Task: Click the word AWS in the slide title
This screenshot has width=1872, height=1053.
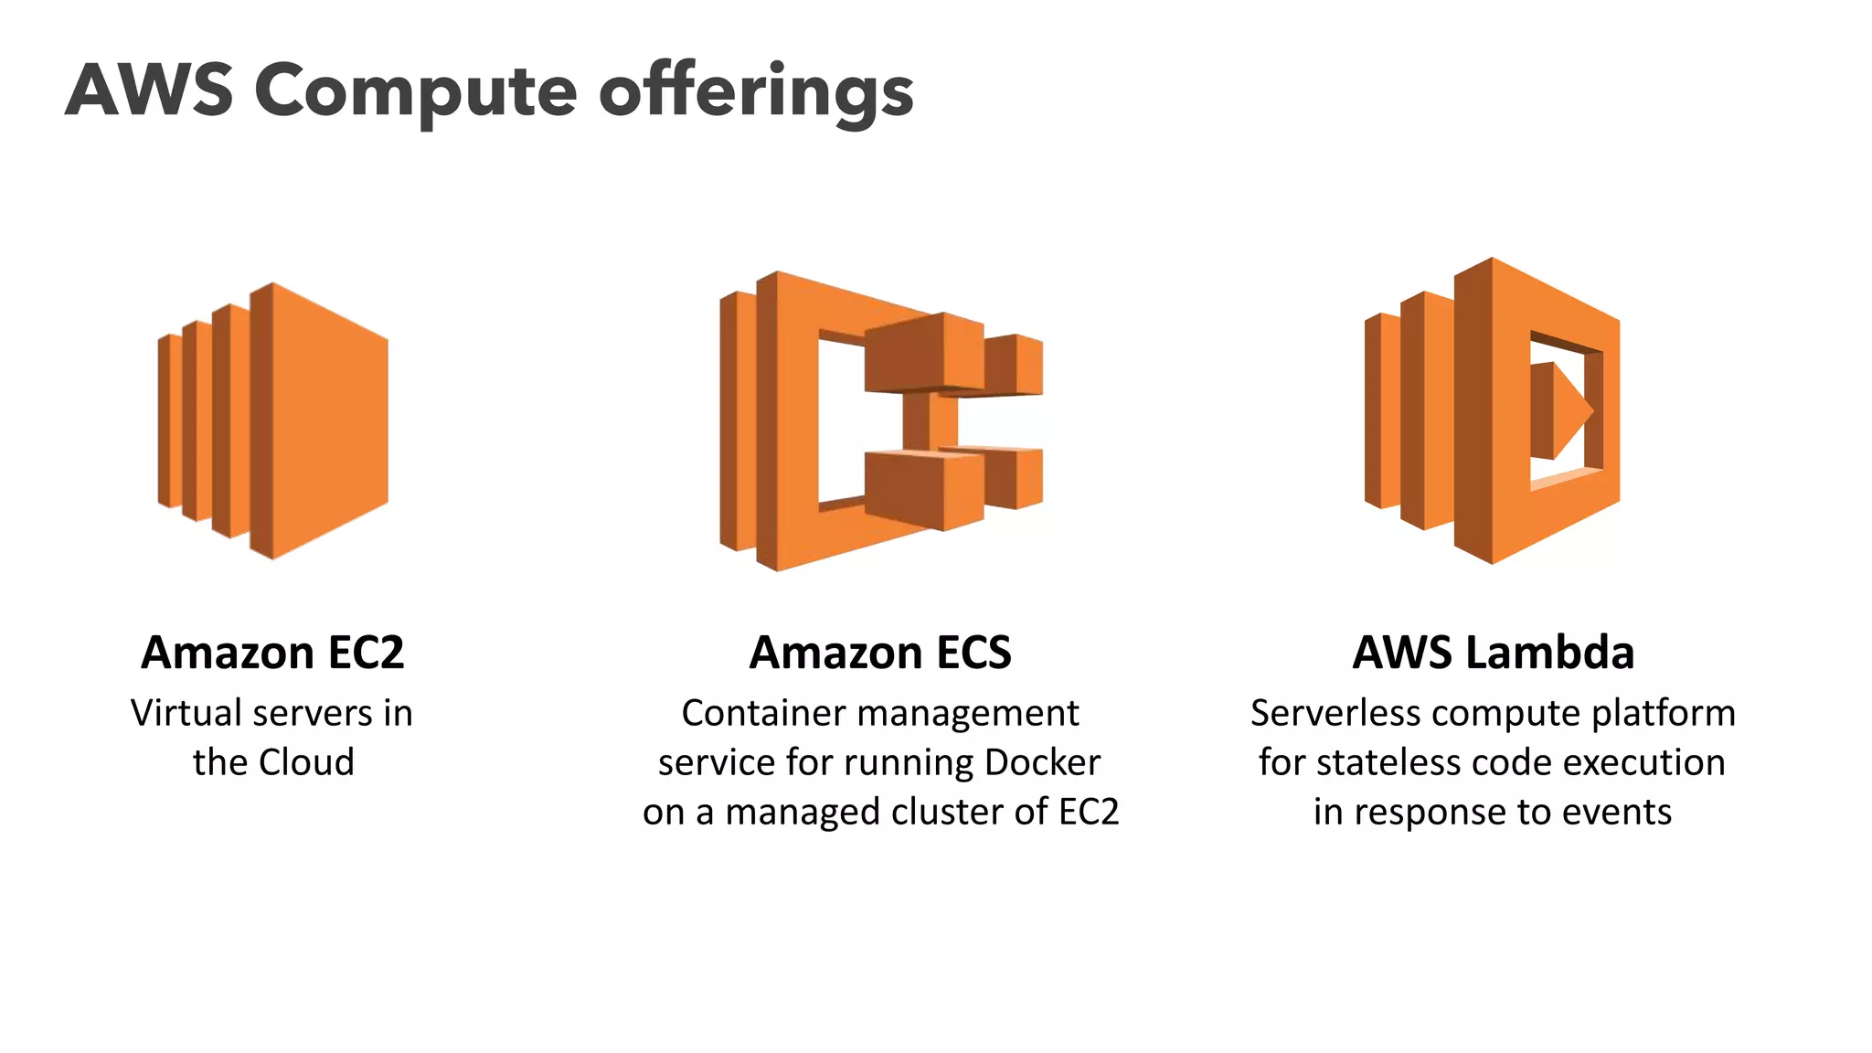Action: [x=149, y=90]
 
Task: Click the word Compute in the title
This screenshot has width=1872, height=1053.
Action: [x=415, y=92]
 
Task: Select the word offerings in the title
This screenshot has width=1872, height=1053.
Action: [x=756, y=92]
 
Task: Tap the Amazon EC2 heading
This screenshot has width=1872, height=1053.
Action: [x=272, y=653]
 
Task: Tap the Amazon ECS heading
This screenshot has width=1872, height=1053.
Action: [x=880, y=653]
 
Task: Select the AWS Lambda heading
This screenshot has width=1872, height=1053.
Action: [x=1493, y=653]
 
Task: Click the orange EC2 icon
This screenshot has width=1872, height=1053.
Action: [x=274, y=420]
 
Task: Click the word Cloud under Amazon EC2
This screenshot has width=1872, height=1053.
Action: [x=305, y=762]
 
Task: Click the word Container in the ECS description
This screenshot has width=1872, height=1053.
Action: [x=751, y=713]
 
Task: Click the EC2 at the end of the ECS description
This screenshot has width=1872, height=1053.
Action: [x=1089, y=812]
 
